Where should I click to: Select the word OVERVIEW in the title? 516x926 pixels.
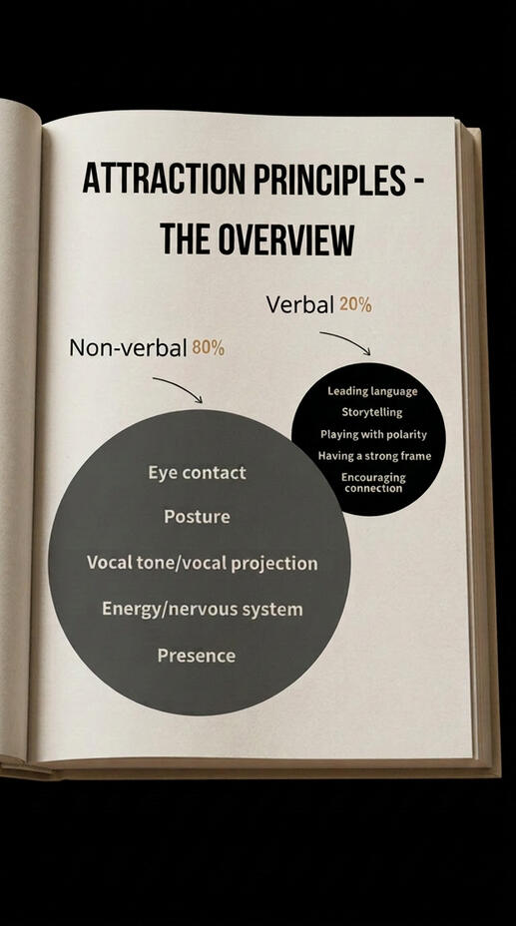[286, 239]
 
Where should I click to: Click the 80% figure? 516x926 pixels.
[209, 348]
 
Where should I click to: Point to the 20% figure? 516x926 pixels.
[355, 304]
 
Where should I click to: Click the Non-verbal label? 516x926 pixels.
[128, 348]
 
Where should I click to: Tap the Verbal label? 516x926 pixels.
[299, 304]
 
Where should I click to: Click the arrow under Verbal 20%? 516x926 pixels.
[346, 342]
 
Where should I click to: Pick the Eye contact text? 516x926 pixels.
[198, 472]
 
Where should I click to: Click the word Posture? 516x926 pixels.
[198, 517]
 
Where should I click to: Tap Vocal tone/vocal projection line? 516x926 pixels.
[202, 563]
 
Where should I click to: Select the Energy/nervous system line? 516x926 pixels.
[202, 609]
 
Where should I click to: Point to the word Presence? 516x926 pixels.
[197, 656]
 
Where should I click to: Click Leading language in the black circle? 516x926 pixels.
[372, 391]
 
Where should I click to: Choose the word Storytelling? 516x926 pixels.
[372, 412]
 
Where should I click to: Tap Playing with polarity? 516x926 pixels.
[373, 434]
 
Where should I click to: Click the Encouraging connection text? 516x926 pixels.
[373, 483]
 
